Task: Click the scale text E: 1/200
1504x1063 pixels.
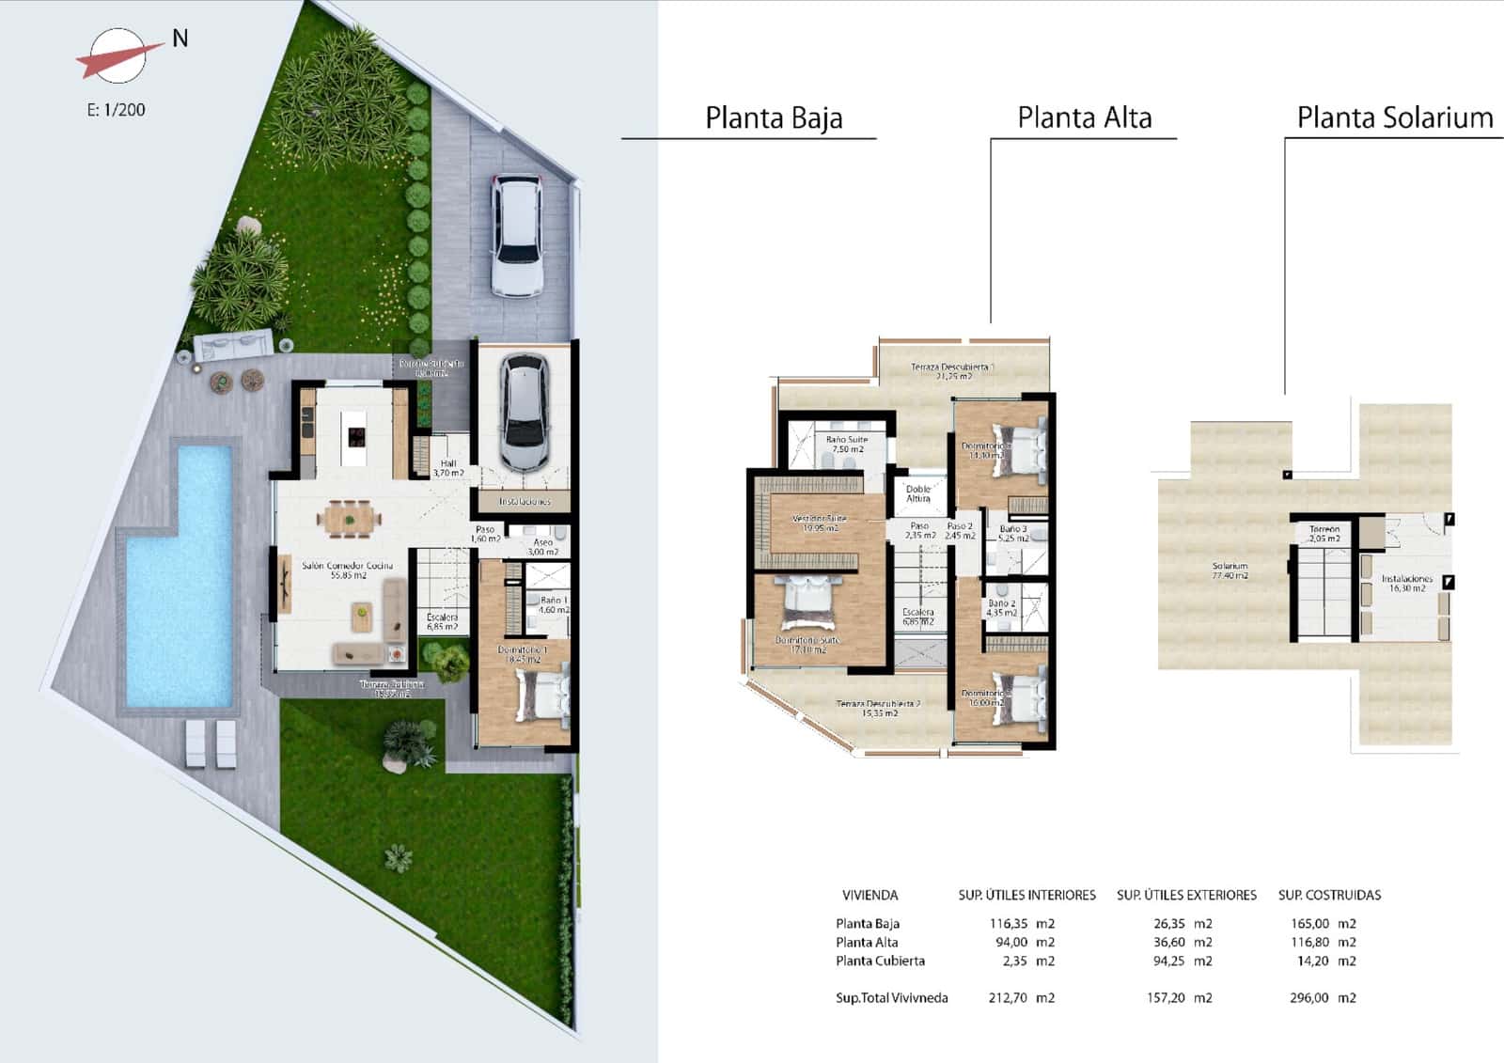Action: click(117, 110)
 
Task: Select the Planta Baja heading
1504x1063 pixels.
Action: click(773, 118)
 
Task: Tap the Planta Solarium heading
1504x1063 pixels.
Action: click(1394, 118)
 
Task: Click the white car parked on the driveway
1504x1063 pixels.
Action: click(516, 234)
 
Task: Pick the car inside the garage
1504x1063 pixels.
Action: click(524, 411)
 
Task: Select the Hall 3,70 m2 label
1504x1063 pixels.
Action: click(448, 468)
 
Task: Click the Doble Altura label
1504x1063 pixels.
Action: click(918, 493)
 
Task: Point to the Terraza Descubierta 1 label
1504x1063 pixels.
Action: click(953, 370)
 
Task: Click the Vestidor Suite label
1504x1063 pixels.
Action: click(819, 523)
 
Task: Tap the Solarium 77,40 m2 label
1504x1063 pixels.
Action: click(1230, 571)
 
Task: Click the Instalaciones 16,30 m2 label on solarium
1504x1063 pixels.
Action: click(1406, 584)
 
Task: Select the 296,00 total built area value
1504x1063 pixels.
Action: click(1308, 998)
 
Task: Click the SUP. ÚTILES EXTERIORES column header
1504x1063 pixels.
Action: click(1186, 896)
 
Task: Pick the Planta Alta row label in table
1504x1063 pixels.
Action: click(867, 943)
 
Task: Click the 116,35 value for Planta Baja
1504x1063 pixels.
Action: click(1008, 924)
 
